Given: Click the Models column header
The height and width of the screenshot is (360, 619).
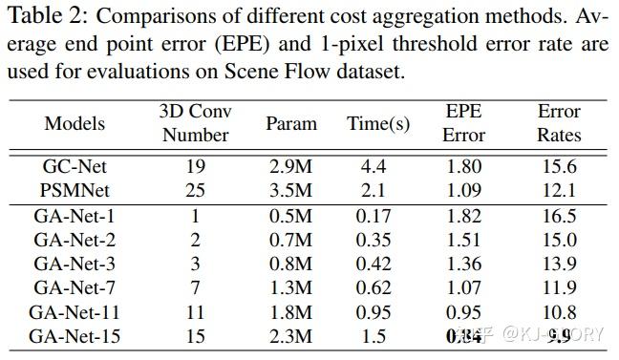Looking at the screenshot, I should (x=75, y=124).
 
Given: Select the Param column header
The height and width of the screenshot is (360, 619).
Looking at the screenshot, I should (x=290, y=124).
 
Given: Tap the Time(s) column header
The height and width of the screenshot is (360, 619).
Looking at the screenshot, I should (x=379, y=124).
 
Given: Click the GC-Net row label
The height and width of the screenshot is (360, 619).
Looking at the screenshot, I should (x=75, y=167).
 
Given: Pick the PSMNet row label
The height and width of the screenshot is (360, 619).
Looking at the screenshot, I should (x=75, y=190).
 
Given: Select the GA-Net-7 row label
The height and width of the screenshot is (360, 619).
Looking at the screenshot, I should (x=75, y=286).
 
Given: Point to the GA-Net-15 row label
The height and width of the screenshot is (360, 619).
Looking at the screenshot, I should (x=75, y=335).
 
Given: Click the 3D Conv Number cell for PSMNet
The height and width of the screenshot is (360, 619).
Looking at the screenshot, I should (x=195, y=190).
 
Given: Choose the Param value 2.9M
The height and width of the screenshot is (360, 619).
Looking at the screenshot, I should (x=290, y=167).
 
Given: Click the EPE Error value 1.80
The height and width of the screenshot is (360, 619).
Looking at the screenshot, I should (x=464, y=167).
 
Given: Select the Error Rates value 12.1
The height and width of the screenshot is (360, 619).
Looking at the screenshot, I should (x=558, y=190).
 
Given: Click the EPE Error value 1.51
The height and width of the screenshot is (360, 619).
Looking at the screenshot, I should (x=464, y=239).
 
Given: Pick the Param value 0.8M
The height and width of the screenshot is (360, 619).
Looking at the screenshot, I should (x=290, y=263).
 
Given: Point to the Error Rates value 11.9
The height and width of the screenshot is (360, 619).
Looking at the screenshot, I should (x=558, y=286).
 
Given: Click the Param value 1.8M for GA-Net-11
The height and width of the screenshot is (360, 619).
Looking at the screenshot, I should (x=290, y=311).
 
